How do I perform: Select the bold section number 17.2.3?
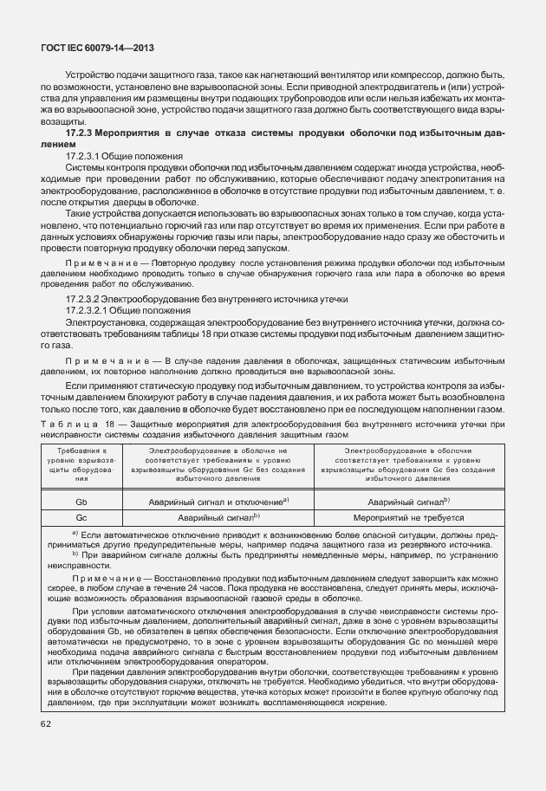tap(82, 134)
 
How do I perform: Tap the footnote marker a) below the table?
tap(75, 534)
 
